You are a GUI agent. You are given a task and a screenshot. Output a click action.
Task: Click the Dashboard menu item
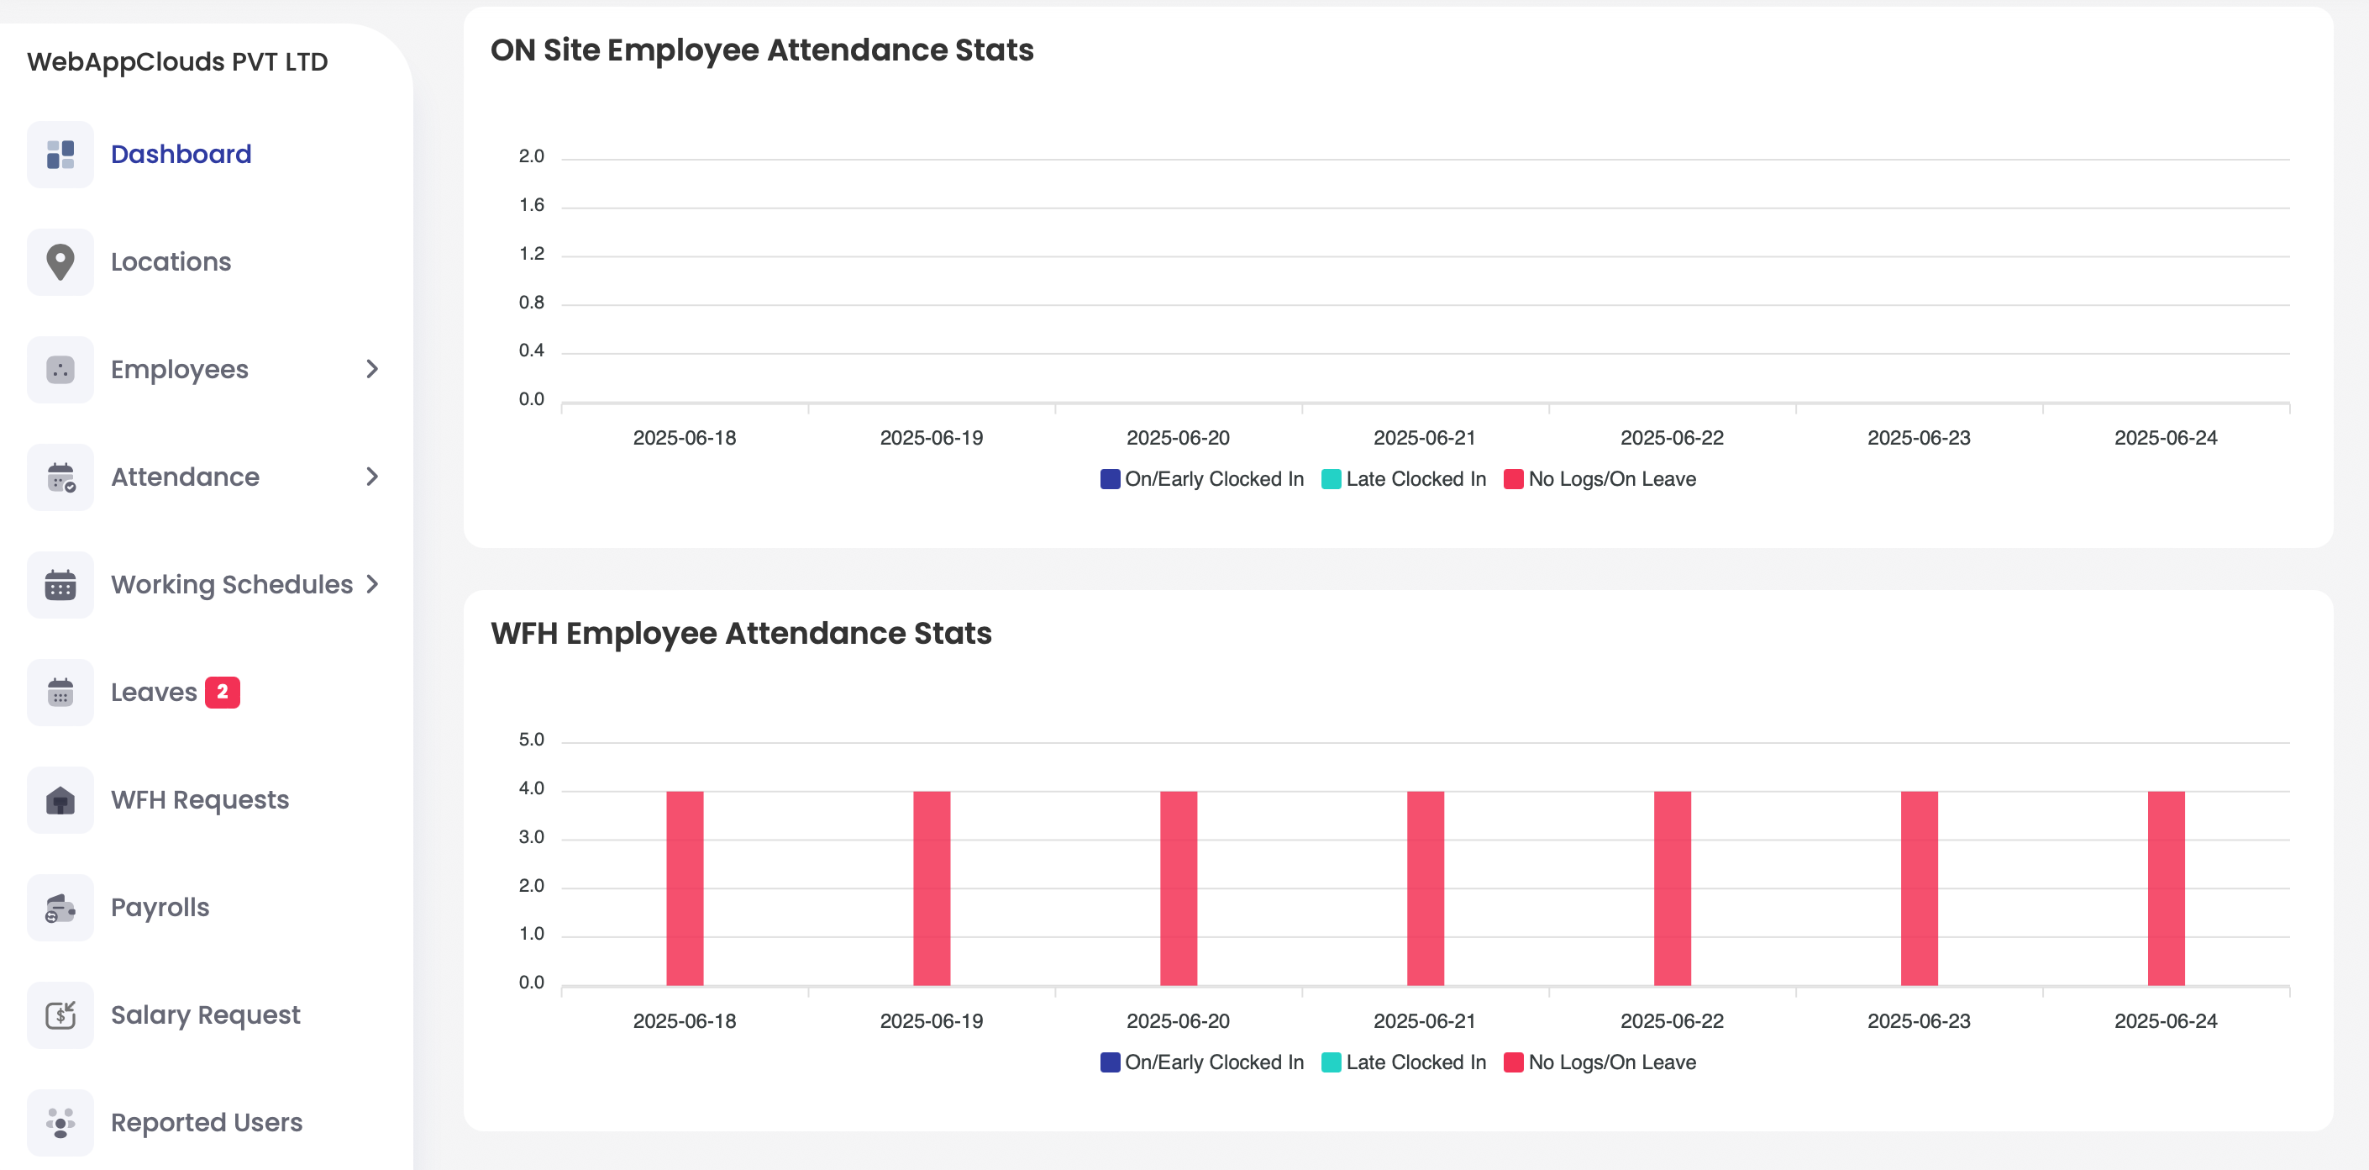181,154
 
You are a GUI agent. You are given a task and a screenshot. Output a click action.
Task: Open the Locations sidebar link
171,261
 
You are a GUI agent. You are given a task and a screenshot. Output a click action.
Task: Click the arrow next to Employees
371,369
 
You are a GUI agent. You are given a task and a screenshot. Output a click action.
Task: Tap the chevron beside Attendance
371,477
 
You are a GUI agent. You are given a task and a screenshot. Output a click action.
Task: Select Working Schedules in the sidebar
232,584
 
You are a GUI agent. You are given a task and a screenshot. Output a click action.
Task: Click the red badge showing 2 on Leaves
222,692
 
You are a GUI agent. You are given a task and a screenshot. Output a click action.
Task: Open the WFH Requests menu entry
200,799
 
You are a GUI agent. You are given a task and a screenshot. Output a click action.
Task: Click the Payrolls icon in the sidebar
60,908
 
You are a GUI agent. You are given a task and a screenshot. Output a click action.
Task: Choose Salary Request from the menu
205,1015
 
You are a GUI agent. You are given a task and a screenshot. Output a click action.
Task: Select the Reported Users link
206,1122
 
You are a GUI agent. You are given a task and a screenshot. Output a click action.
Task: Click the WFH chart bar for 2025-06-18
685,888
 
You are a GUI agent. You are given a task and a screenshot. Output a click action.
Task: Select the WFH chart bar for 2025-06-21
1425,888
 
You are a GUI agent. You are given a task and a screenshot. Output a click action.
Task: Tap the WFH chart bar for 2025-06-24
2166,888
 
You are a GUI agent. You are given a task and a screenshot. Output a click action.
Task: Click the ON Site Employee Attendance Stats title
761,50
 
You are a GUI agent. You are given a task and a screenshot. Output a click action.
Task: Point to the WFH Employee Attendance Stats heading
740,633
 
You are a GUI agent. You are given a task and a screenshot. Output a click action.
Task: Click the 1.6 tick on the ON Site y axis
532,205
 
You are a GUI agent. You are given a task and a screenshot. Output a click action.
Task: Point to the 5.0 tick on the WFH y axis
532,740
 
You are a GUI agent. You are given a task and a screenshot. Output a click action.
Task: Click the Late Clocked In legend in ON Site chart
1405,479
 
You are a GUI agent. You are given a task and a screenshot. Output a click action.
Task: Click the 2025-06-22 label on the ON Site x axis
1672,438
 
